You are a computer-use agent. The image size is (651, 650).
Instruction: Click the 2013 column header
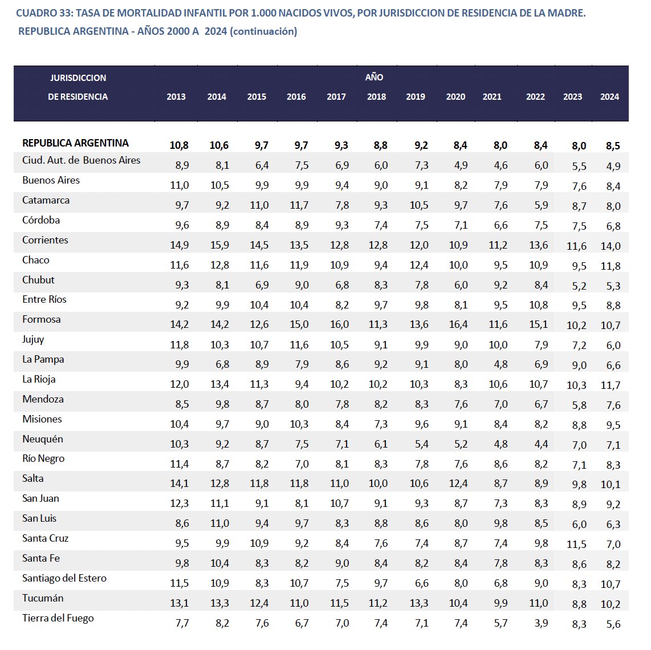click(176, 97)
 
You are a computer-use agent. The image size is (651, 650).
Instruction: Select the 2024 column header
click(609, 97)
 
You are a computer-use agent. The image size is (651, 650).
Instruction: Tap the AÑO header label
click(374, 77)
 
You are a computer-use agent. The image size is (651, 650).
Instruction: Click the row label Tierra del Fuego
click(58, 618)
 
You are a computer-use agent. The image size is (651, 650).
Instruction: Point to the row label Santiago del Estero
click(64, 578)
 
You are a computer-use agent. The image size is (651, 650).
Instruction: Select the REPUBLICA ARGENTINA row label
click(75, 143)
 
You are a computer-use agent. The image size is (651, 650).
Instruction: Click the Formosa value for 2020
click(458, 324)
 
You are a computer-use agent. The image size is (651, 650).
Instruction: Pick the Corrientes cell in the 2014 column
click(219, 245)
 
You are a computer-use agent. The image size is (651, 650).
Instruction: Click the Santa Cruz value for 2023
click(576, 545)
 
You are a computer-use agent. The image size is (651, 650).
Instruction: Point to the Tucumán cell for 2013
click(179, 603)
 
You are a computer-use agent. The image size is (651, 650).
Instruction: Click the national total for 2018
click(380, 146)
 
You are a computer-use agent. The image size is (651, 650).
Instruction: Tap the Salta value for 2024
click(611, 485)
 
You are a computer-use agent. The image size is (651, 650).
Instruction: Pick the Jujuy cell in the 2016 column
click(299, 344)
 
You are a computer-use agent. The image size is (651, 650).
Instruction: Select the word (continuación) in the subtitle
click(263, 31)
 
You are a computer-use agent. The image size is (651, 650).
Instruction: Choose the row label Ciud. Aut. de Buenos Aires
click(81, 160)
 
